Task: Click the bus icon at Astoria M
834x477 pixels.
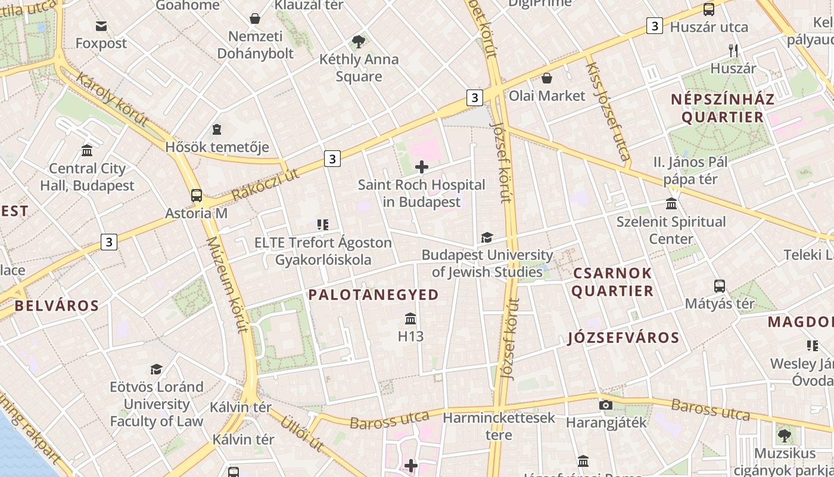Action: coord(197,195)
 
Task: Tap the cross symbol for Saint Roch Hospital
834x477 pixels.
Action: coord(422,167)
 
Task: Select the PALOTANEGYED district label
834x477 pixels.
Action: coord(374,295)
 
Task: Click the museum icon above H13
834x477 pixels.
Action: coord(410,318)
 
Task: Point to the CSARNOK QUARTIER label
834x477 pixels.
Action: coord(613,282)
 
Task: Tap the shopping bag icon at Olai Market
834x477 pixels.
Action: coord(546,78)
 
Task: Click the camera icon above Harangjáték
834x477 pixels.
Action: coord(606,405)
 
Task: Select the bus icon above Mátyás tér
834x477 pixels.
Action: coord(720,286)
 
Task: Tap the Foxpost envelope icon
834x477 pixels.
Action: coord(101,26)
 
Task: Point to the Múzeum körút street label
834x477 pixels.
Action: coord(226,284)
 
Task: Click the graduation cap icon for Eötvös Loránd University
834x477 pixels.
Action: coord(156,370)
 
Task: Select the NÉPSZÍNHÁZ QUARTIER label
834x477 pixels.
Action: coord(723,108)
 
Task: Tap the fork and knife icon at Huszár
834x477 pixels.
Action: coord(733,51)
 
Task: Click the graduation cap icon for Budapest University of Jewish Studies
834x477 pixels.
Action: coord(487,238)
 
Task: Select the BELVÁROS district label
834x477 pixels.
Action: coord(57,306)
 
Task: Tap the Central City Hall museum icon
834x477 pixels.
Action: coord(88,150)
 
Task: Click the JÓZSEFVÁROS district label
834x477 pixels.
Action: coord(623,338)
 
